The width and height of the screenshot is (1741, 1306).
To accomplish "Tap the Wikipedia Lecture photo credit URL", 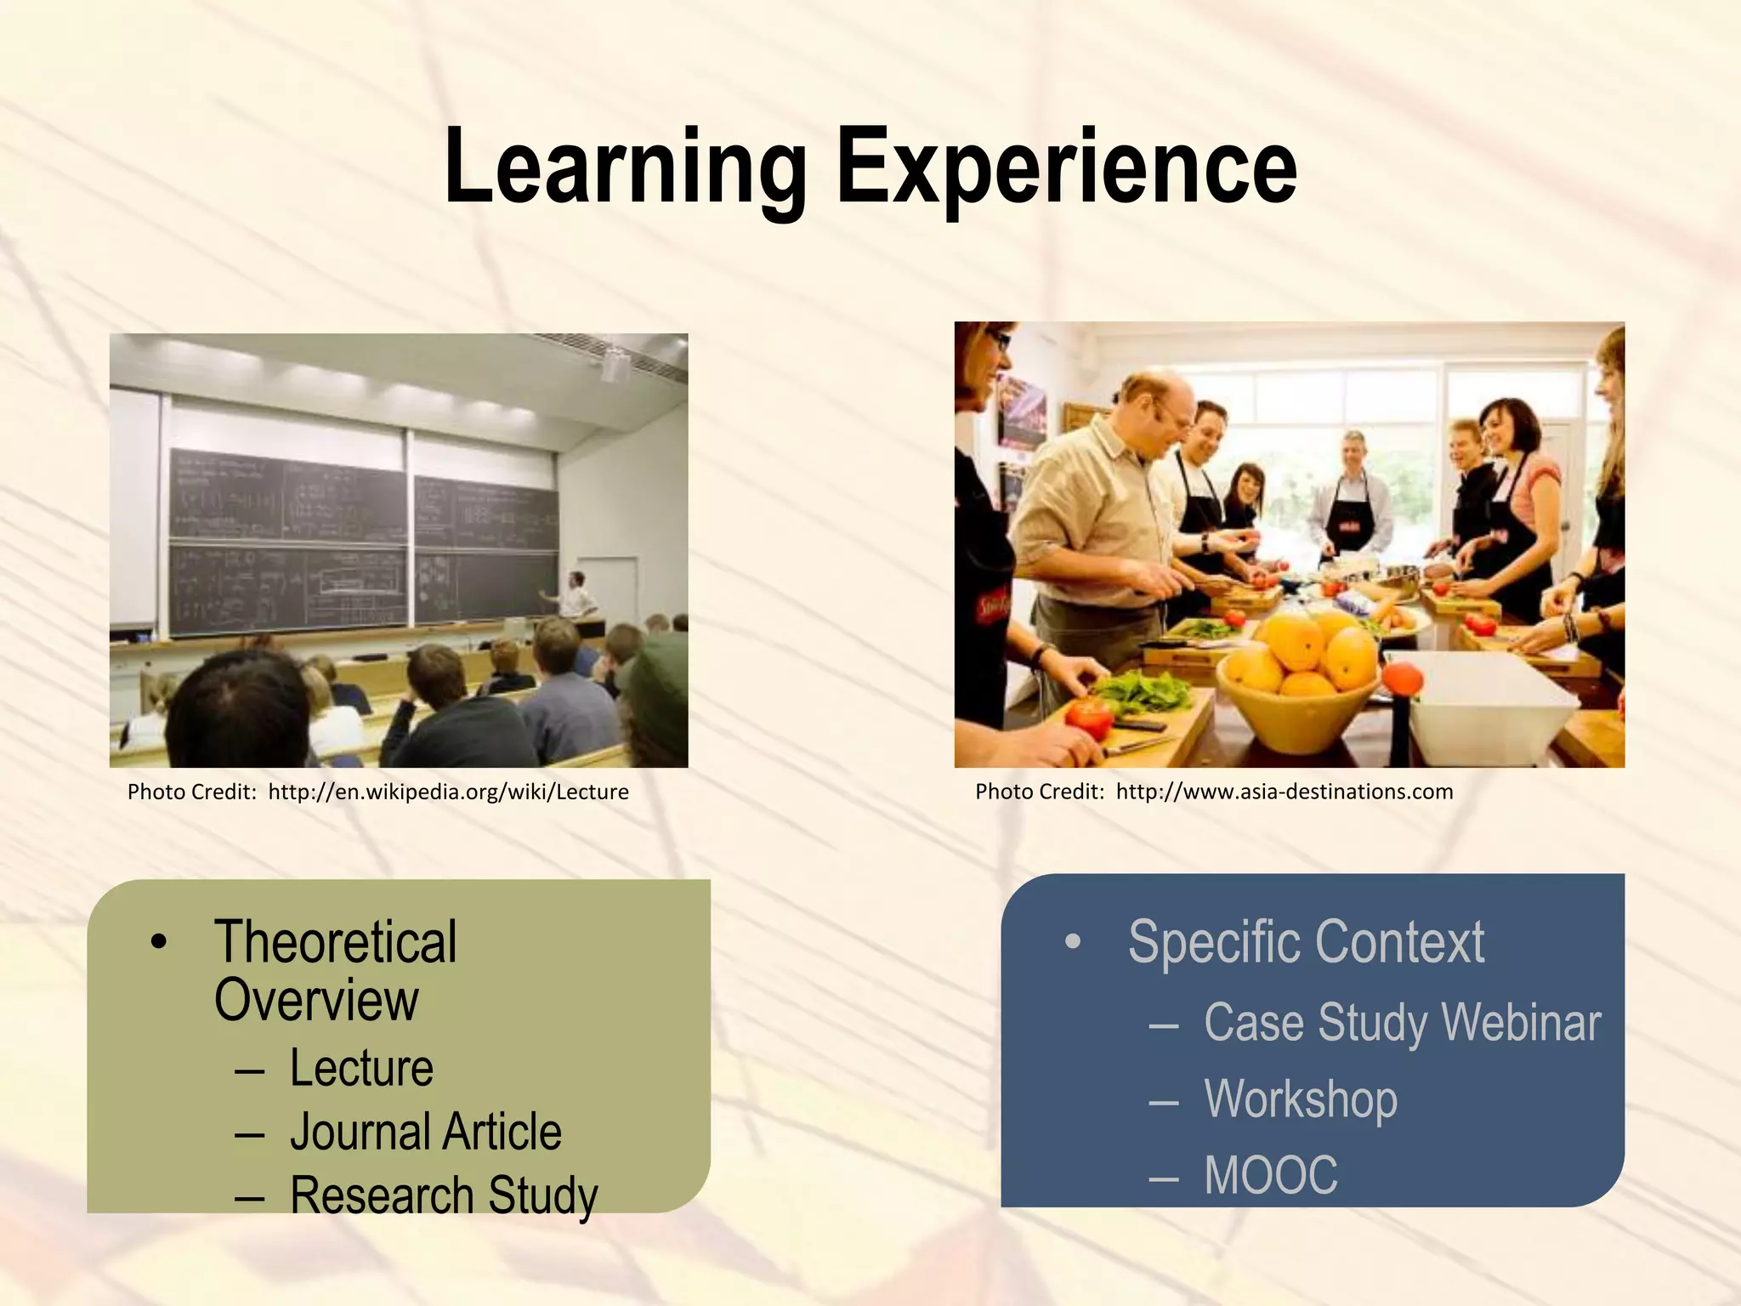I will click(x=448, y=792).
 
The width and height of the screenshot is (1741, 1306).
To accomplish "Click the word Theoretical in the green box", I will click(x=336, y=942).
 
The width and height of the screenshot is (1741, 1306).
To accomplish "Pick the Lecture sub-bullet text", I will click(x=361, y=1069).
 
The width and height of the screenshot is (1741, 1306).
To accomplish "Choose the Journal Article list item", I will click(x=425, y=1132).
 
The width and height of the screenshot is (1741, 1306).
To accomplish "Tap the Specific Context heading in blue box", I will click(x=1306, y=942).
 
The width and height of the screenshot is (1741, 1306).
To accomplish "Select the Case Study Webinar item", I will click(x=1402, y=1022).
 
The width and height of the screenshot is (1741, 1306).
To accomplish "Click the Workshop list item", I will click(x=1301, y=1099).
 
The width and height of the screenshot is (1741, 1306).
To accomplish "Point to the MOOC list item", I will click(x=1271, y=1175).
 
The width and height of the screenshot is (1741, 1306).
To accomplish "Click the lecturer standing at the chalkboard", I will click(x=578, y=595).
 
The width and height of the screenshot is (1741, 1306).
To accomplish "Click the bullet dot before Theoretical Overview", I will click(x=158, y=942).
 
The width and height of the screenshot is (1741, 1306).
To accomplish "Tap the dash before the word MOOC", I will click(x=1163, y=1178).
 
